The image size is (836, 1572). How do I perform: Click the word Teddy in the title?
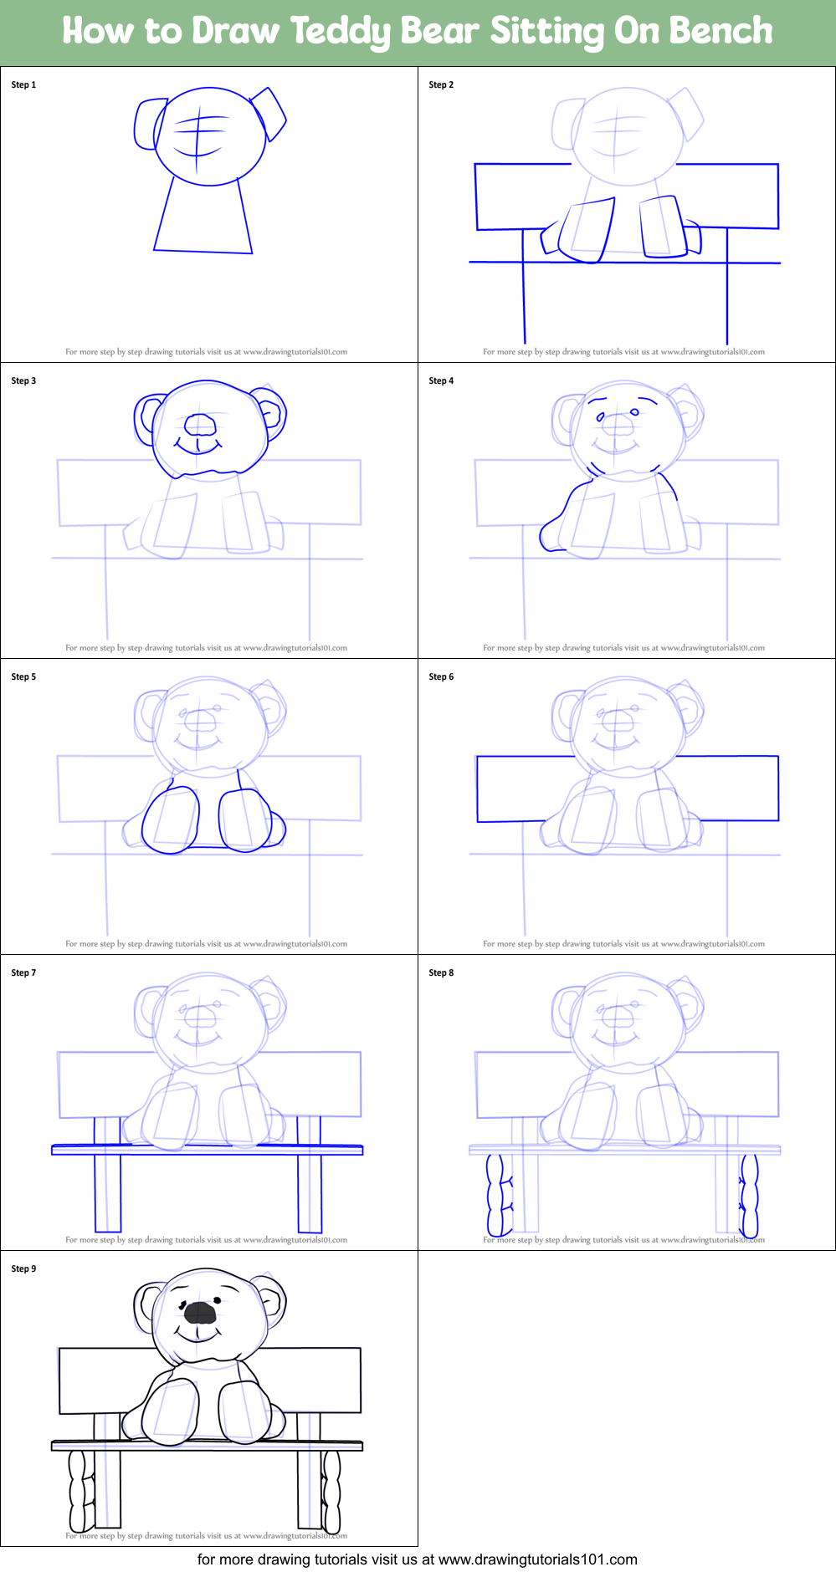click(x=341, y=32)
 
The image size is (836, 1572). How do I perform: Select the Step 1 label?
click(x=23, y=84)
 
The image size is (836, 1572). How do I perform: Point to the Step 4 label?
click(x=441, y=380)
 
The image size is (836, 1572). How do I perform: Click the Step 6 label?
click(x=441, y=676)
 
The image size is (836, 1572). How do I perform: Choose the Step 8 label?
click(x=441, y=972)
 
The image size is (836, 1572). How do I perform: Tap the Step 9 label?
click(x=23, y=1268)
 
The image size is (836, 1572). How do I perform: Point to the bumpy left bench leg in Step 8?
click(x=500, y=1195)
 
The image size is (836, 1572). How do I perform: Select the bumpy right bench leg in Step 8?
click(x=749, y=1195)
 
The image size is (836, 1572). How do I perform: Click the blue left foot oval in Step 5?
click(x=171, y=819)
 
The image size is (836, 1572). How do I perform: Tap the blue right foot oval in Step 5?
click(x=245, y=819)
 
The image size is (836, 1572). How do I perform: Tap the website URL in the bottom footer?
click(x=537, y=1559)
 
